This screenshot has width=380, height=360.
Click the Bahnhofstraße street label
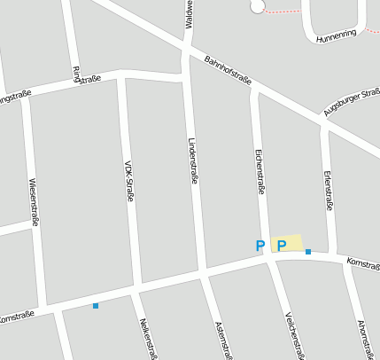point(228,70)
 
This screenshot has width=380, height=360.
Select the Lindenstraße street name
point(193,160)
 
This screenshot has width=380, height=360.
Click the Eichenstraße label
point(260,169)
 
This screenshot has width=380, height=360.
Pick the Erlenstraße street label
point(330,190)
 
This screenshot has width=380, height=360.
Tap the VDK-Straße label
point(129,181)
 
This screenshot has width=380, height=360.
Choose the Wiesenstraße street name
point(34,201)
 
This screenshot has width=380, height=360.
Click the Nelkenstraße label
point(147,338)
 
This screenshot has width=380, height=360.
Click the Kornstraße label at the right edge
point(363,263)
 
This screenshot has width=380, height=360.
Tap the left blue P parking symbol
point(260,246)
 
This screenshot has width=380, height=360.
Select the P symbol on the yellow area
point(281,246)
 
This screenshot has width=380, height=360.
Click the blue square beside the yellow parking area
point(308,253)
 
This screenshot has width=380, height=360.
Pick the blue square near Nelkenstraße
point(96,306)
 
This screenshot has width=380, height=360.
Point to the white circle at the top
point(258,6)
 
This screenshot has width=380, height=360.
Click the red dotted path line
point(283,12)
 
